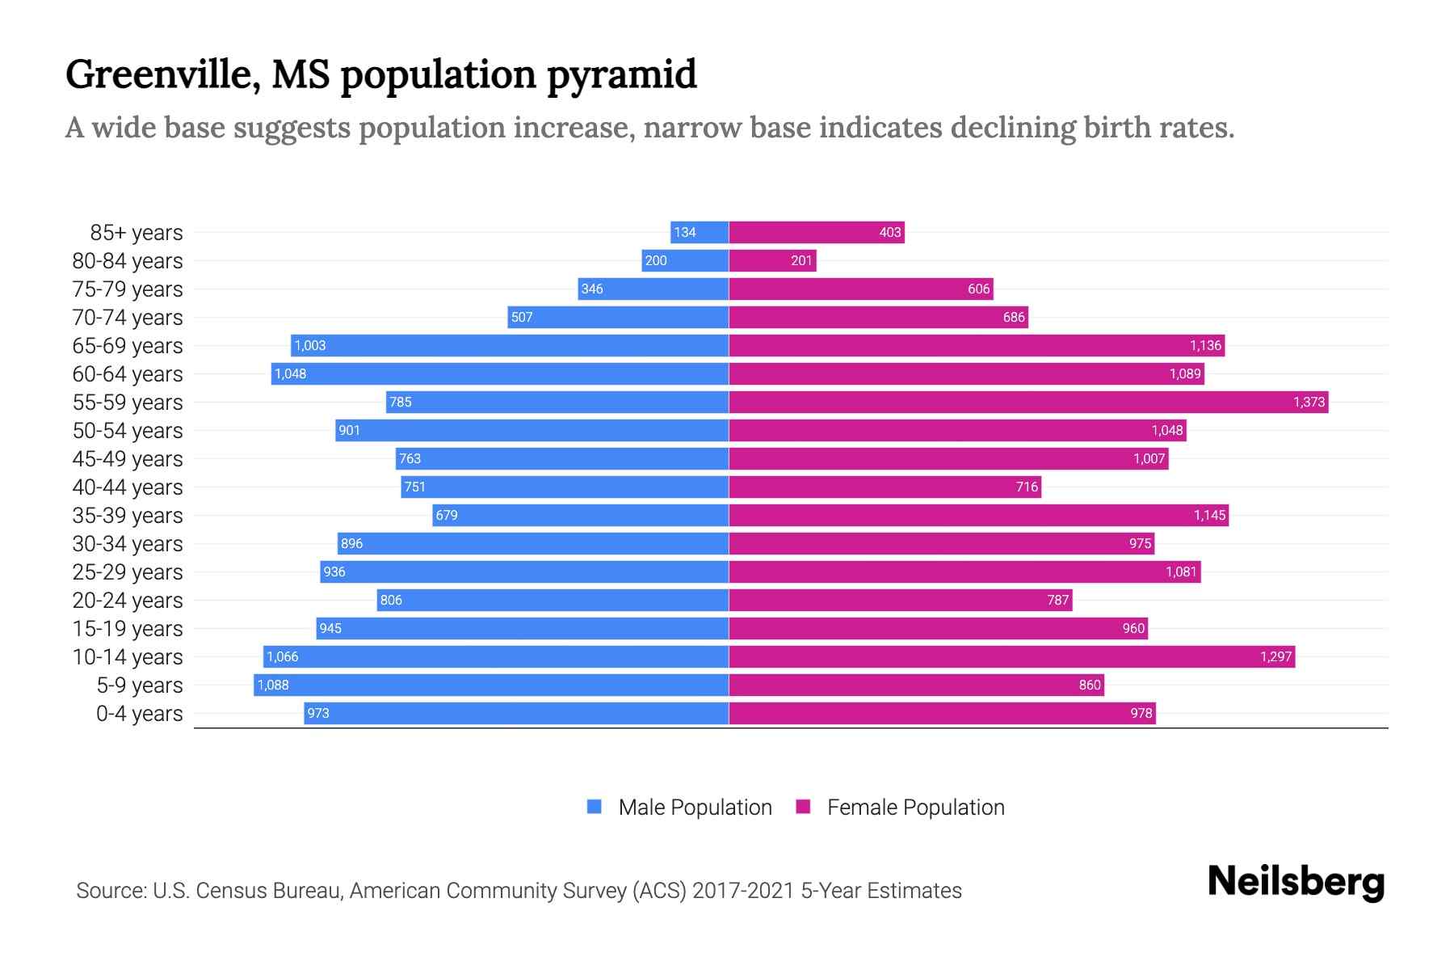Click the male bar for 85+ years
(700, 233)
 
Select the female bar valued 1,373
(1027, 403)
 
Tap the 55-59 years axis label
(128, 403)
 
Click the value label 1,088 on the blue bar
(273, 685)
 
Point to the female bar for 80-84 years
(772, 261)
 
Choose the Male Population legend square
(595, 807)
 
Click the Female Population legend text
(915, 808)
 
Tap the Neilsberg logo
(1296, 882)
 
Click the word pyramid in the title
(621, 75)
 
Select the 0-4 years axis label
(139, 714)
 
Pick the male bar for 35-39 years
(580, 516)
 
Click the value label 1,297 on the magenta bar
(1275, 657)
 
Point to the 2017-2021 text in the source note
(742, 891)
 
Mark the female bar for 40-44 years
(885, 487)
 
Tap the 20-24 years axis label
(128, 601)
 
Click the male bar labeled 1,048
(499, 374)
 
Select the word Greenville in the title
(162, 75)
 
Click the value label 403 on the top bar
(889, 233)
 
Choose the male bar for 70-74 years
(618, 318)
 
